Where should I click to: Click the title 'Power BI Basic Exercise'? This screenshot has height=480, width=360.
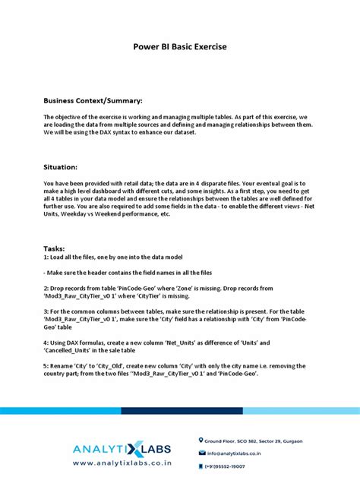180,47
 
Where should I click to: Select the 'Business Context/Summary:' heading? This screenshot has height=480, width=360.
92,100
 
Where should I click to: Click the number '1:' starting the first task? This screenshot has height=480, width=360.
46,257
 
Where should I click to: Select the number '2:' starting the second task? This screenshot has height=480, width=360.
46,289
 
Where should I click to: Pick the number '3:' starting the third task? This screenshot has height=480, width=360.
46,311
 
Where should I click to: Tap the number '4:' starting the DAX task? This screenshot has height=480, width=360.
46,343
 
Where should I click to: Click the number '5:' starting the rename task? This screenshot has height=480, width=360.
46,365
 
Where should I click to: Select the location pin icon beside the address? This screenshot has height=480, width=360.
201,440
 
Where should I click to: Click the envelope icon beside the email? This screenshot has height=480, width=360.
201,453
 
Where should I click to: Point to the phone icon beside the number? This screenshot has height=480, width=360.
201,466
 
